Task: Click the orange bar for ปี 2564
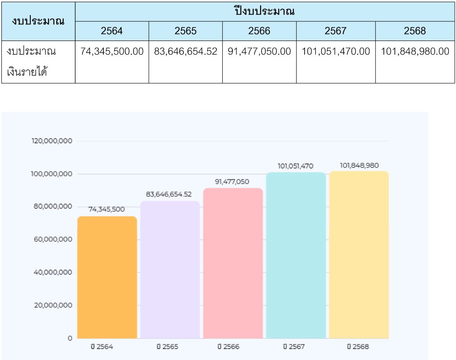(x=107, y=277)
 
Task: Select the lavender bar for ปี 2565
(x=170, y=270)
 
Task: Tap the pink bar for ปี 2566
(x=233, y=263)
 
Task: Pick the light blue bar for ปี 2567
(x=296, y=255)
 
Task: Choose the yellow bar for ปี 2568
(x=359, y=254)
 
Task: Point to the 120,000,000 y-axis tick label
(x=52, y=141)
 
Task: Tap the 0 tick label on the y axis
(x=70, y=338)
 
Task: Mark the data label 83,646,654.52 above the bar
(x=169, y=194)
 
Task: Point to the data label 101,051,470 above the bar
(x=295, y=166)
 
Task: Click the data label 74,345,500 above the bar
(x=106, y=209)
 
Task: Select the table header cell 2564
(x=112, y=31)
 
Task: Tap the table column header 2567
(x=335, y=31)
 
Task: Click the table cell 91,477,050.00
(x=259, y=52)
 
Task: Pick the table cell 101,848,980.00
(x=415, y=52)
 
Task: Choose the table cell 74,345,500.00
(x=112, y=52)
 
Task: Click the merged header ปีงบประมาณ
(x=265, y=11)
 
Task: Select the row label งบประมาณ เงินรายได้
(x=31, y=61)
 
